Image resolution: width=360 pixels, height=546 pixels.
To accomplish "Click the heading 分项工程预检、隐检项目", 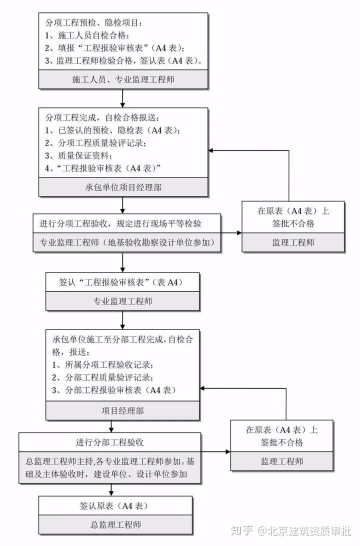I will [94, 23].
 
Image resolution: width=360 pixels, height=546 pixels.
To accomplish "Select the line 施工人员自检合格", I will [87, 35].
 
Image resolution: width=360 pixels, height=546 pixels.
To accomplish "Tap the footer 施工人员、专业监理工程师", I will [123, 79].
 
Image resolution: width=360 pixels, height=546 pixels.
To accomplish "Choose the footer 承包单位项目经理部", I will [123, 187].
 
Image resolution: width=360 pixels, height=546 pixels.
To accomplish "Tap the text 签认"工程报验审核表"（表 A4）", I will [122, 282].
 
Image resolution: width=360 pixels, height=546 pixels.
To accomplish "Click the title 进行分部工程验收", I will [110, 442].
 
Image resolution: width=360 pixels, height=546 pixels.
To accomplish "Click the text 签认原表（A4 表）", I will [114, 505].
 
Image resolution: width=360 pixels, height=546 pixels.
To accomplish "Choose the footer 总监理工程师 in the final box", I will [114, 524].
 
